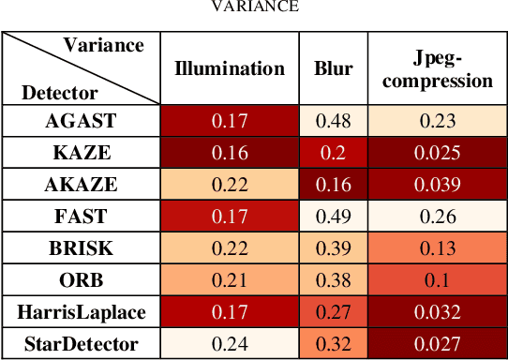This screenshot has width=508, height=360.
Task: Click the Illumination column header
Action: (230, 68)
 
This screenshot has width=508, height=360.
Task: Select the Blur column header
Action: (333, 68)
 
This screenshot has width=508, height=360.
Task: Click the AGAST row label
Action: (81, 120)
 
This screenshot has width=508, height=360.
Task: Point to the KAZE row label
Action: (81, 153)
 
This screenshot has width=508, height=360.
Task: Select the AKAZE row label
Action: (81, 185)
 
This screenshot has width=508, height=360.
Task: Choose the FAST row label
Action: (81, 217)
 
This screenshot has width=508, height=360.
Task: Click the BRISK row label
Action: (81, 248)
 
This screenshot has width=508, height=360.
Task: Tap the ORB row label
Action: (81, 280)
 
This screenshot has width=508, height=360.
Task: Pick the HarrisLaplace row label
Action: (81, 312)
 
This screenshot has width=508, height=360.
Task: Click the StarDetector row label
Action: (81, 344)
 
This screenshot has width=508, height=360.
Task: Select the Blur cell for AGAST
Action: (333, 120)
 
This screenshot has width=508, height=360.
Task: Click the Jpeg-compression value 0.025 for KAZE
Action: (437, 153)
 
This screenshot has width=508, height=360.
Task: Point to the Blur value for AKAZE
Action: (333, 185)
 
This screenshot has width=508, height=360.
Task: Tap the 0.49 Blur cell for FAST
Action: (333, 217)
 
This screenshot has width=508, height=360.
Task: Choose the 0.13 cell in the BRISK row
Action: (437, 248)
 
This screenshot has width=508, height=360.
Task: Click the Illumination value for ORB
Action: (230, 280)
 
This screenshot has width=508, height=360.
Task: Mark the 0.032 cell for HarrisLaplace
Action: (437, 312)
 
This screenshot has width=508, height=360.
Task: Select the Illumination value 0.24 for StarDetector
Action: (230, 344)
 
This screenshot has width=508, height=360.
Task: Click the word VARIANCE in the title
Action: (254, 6)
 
